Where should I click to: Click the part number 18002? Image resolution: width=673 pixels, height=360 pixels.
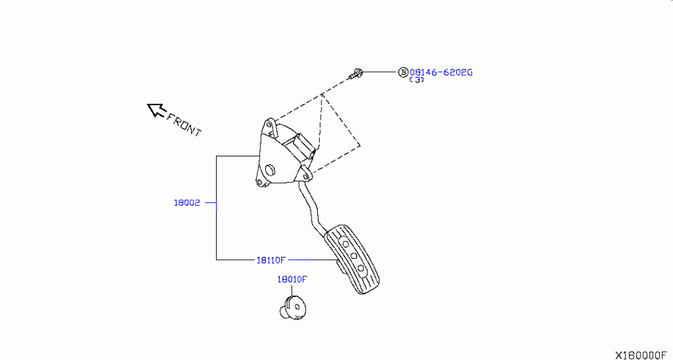[187, 203]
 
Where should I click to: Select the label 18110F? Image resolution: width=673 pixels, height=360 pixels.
[271, 260]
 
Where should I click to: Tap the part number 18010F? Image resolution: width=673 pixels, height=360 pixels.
[292, 279]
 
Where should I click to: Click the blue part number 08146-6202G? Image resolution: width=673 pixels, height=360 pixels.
[441, 72]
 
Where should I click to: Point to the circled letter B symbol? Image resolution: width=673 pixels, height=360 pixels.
[402, 72]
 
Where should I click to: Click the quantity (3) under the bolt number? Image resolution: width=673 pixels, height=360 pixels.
[416, 80]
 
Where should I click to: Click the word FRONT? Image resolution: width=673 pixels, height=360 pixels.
[183, 125]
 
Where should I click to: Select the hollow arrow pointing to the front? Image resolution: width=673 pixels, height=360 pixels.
[156, 110]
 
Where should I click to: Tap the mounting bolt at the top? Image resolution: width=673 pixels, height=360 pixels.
[355, 74]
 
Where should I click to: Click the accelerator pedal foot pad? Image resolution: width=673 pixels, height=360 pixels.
[352, 259]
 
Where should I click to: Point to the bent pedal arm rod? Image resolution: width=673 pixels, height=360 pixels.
[312, 208]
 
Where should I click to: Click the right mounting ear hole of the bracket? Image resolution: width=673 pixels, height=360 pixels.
[305, 176]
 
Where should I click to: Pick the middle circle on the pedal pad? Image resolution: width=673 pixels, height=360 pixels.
[354, 257]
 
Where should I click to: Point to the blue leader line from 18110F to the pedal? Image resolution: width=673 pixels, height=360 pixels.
[311, 260]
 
